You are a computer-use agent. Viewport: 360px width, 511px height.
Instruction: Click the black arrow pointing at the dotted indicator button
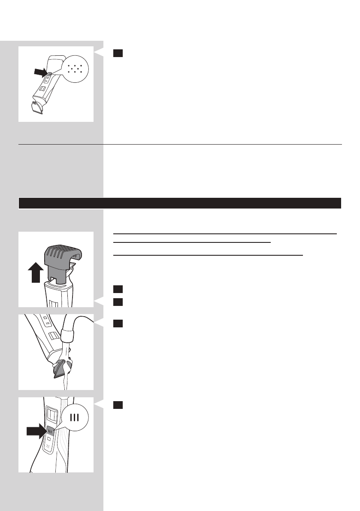(x=45, y=74)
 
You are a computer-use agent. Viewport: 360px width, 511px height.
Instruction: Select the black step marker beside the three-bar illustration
(x=118, y=405)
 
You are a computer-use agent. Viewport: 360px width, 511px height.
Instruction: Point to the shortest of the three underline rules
(x=192, y=242)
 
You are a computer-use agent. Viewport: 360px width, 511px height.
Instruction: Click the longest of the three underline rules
(x=224, y=234)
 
